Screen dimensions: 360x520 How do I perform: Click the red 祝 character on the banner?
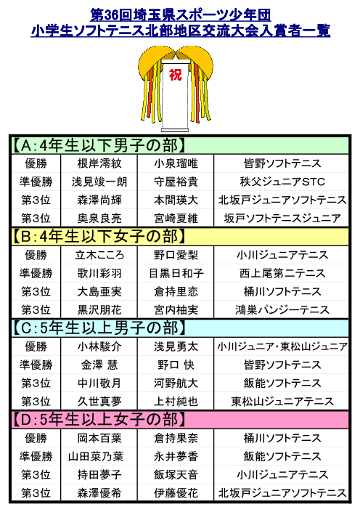[176, 75]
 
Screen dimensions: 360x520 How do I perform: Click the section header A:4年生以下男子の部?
[99, 145]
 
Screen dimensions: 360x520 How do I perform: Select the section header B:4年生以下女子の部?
[99, 237]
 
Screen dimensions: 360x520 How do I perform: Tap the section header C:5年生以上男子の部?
[99, 328]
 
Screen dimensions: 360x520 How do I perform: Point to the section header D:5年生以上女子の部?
[99, 420]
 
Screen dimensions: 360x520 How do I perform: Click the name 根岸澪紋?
[99, 163]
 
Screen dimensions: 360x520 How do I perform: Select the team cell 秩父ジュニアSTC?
[282, 182]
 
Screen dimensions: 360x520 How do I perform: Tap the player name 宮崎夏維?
[176, 219]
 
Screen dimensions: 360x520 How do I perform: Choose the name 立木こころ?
[99, 255]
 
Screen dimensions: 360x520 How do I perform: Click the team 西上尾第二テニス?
[282, 273]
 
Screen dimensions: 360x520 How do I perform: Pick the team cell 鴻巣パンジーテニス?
[282, 310]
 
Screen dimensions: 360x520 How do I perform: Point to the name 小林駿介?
[99, 346]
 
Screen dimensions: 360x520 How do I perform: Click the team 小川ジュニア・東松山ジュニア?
[282, 346]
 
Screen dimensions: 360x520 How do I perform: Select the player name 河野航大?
[176, 383]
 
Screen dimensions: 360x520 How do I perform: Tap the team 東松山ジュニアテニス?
[282, 402]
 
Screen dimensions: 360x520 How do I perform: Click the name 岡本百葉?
[99, 438]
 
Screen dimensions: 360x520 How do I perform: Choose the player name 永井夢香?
[176, 457]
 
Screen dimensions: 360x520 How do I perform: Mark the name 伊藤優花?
[176, 493]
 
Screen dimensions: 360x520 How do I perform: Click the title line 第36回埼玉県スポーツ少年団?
[181, 15]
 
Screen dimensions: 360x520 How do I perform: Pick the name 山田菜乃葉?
[96, 457]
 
